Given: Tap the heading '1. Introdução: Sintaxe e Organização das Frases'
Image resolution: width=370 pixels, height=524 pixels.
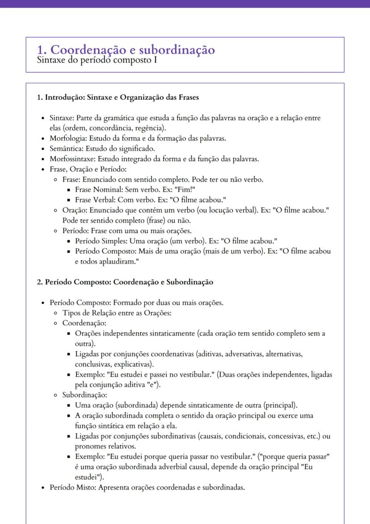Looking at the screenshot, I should pyautogui.click(x=118, y=97).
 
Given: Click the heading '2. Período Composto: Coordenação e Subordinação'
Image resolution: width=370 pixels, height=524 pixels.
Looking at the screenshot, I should pyautogui.click(x=125, y=282).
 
